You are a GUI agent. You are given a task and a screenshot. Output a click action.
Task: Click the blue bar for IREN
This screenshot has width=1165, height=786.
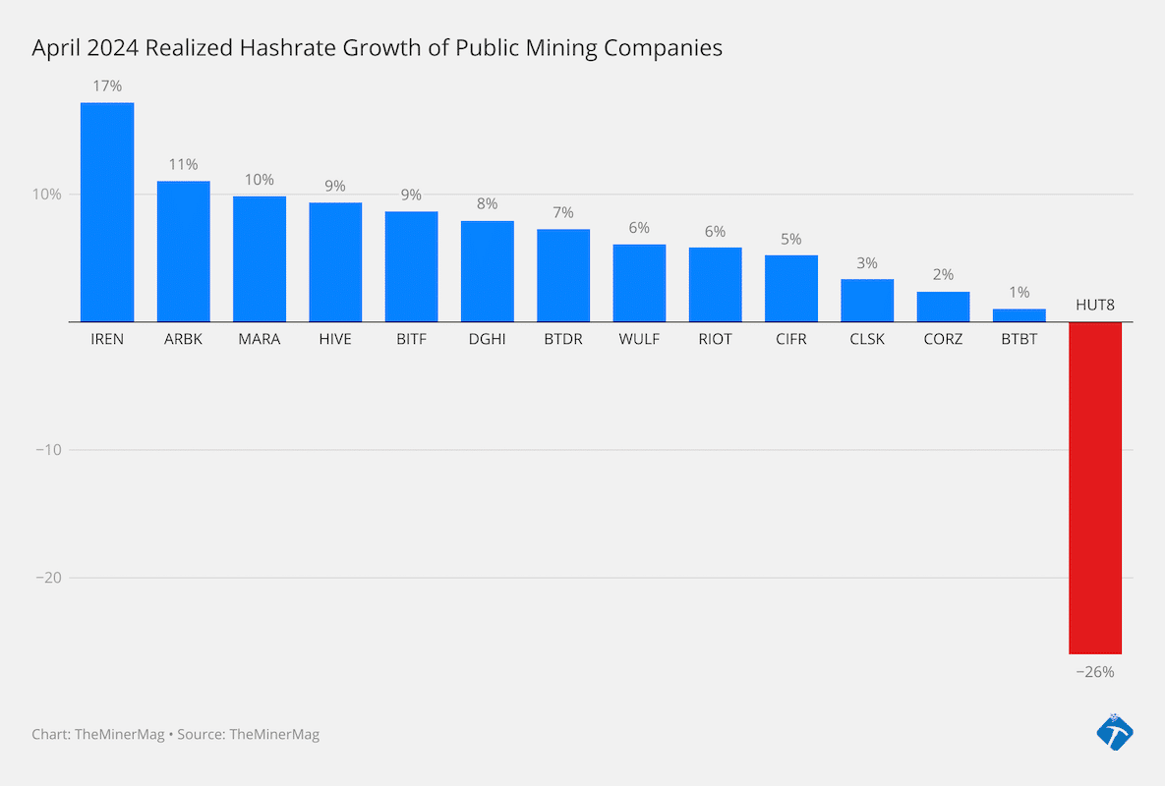(107, 212)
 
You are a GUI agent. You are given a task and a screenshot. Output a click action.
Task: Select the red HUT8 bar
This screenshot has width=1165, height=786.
(1095, 487)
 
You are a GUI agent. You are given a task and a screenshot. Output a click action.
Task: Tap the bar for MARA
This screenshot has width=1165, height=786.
(260, 259)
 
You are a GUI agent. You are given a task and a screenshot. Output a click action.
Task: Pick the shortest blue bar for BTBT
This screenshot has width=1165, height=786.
(1019, 315)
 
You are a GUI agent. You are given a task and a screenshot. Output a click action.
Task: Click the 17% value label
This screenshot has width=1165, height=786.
(107, 86)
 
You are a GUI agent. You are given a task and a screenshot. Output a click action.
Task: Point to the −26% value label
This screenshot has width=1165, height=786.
(1094, 672)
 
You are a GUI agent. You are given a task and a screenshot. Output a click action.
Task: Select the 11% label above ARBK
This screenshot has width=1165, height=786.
(183, 164)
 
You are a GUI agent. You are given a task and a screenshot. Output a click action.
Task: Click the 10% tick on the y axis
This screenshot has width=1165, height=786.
(46, 195)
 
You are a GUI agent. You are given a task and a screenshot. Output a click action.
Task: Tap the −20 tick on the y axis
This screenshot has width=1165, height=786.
(48, 578)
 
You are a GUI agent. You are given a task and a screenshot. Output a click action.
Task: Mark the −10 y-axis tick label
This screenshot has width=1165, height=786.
(48, 450)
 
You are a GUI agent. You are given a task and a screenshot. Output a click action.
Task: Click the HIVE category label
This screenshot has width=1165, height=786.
(335, 340)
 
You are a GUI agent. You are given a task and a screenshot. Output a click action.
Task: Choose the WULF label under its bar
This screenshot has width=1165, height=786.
(639, 340)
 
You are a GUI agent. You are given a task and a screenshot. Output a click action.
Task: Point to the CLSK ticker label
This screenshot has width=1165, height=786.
(867, 340)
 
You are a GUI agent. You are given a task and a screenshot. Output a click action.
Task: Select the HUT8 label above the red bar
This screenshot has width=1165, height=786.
(1095, 305)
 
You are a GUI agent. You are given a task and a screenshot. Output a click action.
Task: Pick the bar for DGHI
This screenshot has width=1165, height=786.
(488, 271)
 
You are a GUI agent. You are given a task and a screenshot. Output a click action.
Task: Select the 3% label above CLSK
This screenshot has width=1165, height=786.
(867, 263)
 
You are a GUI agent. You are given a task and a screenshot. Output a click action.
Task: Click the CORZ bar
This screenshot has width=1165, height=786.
(943, 307)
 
